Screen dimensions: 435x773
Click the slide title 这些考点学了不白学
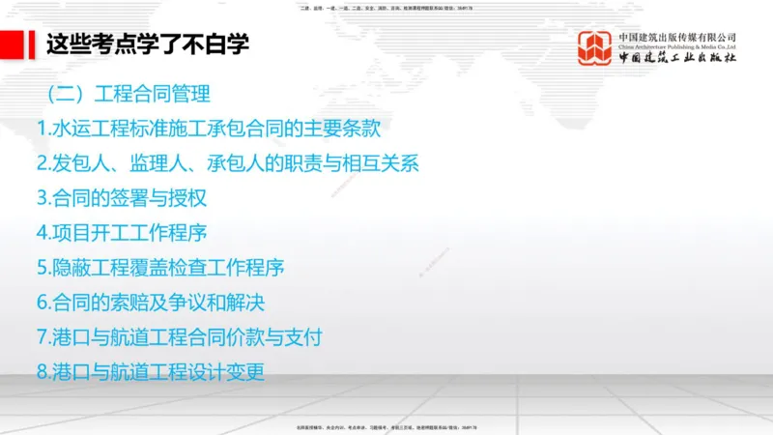tap(148, 43)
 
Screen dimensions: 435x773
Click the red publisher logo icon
tap(595, 48)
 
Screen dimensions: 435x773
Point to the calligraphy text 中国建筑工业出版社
tap(677, 58)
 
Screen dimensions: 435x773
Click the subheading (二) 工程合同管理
tap(128, 95)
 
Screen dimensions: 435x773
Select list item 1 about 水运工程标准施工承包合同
tap(215, 128)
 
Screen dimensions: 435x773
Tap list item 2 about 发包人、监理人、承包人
tap(227, 162)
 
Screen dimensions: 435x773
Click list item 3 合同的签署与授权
tap(122, 197)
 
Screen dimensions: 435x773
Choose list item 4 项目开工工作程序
tap(122, 232)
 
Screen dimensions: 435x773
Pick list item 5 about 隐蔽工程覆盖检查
tap(160, 267)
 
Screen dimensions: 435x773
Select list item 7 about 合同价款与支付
tap(179, 336)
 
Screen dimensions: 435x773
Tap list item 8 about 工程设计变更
tap(150, 371)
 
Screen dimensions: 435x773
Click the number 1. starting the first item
tap(43, 128)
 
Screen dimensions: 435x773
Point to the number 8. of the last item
tap(43, 371)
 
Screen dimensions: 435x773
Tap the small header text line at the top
tap(386, 9)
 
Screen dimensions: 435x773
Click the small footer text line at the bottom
tap(386, 426)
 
